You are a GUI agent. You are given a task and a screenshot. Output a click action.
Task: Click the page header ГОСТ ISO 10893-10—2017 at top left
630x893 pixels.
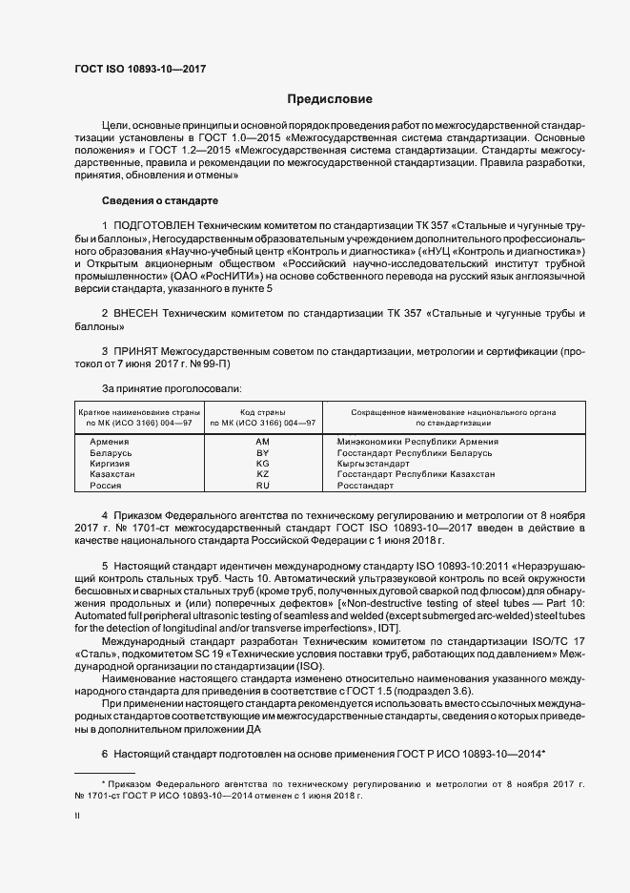click(x=140, y=69)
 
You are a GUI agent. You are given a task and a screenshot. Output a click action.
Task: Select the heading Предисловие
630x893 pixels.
click(x=330, y=99)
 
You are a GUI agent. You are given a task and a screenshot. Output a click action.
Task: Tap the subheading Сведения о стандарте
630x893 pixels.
click(x=160, y=201)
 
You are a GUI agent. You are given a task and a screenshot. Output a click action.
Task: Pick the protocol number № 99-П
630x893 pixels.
click(x=208, y=364)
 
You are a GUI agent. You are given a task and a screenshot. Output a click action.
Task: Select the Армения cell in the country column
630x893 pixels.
click(x=110, y=442)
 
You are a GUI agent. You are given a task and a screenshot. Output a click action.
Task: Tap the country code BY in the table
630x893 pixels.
click(x=264, y=452)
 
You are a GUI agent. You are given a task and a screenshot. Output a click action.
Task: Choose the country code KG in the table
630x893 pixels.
click(x=264, y=463)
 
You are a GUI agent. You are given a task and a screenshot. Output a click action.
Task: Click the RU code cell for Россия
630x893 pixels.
click(x=264, y=485)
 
